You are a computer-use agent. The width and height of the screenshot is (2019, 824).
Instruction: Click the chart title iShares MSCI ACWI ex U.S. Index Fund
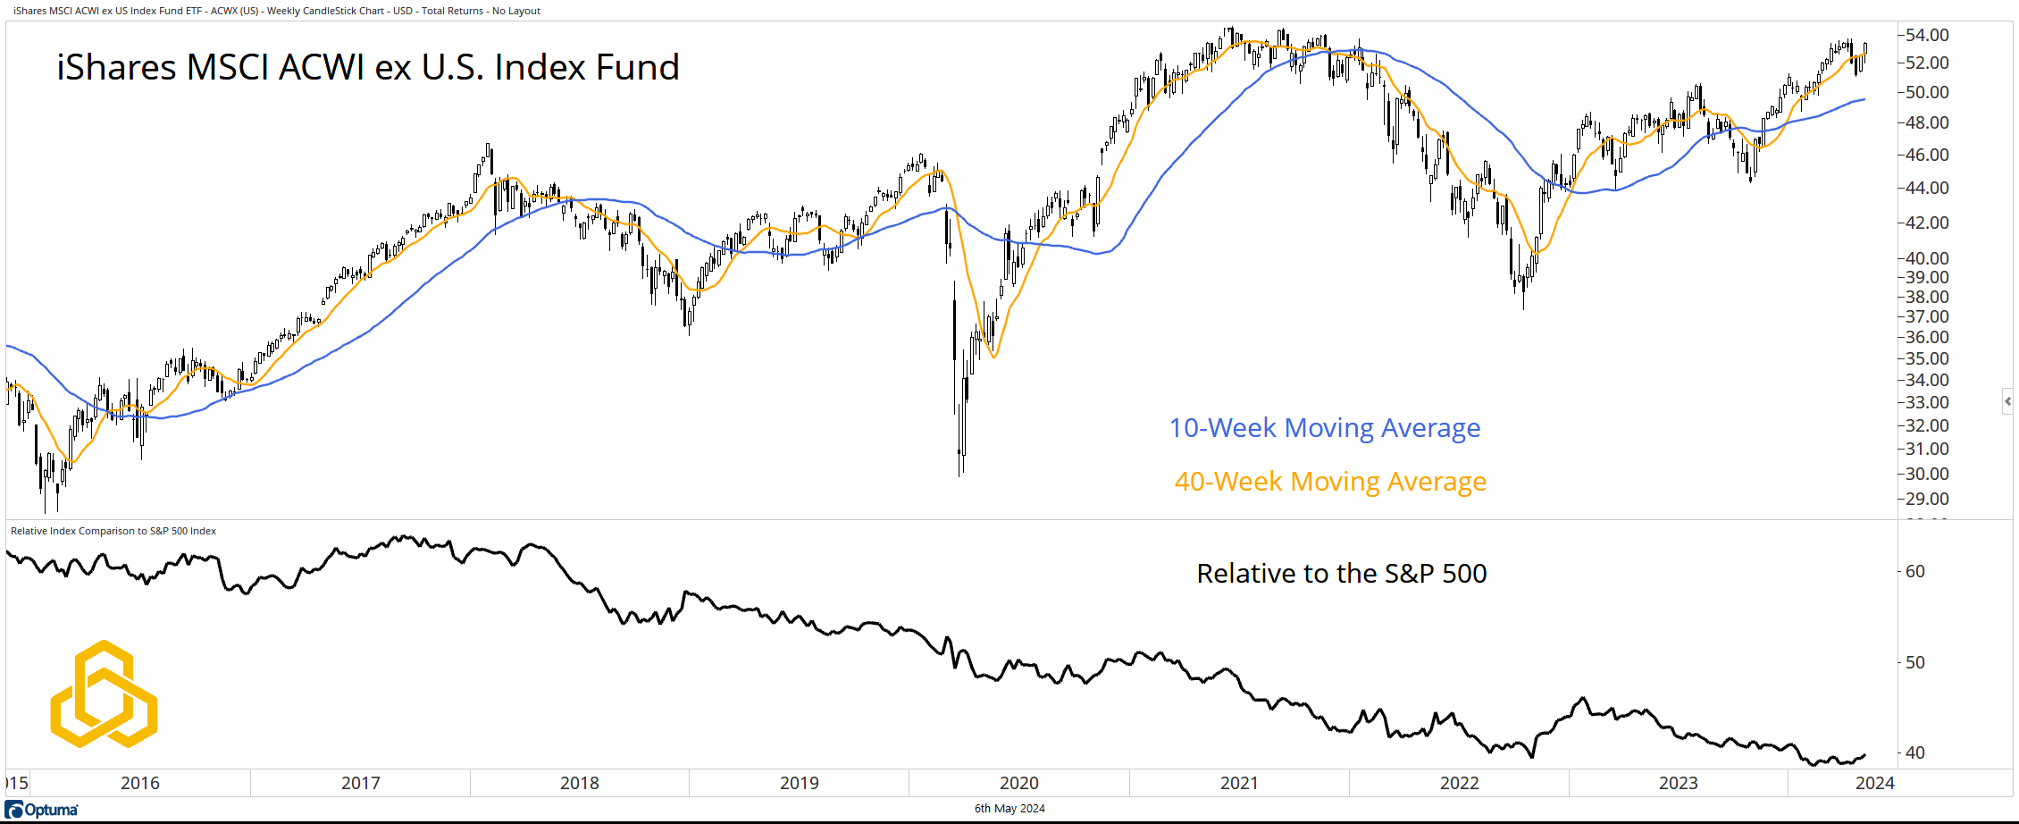368,68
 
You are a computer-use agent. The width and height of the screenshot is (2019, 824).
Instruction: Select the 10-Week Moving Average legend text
1324,428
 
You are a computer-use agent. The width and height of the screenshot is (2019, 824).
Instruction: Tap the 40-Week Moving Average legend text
1330,482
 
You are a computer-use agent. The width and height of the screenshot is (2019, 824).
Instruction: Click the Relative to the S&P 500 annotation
1341,574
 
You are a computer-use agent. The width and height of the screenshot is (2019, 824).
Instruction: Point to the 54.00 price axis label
1927,35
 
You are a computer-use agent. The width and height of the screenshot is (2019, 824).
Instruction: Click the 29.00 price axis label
1927,499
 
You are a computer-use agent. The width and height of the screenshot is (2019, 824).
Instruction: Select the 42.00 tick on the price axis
1927,223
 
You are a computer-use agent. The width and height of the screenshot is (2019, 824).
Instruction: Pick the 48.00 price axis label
1927,122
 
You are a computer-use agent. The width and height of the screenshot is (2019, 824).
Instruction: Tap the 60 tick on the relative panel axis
1914,571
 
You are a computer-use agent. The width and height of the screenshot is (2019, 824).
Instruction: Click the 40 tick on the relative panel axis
1914,753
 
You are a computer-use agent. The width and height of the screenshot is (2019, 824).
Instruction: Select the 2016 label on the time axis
140,783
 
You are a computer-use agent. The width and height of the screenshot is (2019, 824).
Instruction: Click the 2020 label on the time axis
1019,783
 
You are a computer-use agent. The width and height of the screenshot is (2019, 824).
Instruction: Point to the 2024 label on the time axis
1874,783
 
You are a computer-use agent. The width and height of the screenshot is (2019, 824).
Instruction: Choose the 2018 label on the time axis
580,783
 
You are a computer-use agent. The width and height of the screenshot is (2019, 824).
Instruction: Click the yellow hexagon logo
104,694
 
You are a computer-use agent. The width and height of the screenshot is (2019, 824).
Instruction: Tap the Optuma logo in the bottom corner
42,810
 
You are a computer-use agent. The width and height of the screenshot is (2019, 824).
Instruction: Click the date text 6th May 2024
1009,809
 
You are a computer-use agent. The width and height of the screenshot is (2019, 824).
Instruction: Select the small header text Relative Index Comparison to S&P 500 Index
113,531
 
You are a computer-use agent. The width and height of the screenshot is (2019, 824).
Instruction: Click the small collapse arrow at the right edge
2007,401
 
